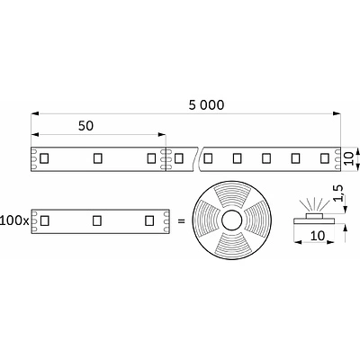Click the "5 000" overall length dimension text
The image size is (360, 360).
click(x=205, y=104)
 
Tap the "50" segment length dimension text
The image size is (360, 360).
click(x=86, y=127)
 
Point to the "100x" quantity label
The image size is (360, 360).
click(x=14, y=220)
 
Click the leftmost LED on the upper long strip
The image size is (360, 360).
click(x=43, y=158)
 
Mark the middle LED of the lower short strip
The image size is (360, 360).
click(x=96, y=220)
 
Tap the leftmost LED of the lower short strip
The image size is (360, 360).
click(x=43, y=220)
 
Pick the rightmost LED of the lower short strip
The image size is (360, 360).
click(x=149, y=220)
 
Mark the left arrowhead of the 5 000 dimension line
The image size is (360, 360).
click(x=35, y=114)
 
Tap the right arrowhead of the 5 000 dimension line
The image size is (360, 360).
click(x=338, y=114)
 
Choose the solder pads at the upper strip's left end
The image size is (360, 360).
click(x=34, y=158)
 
